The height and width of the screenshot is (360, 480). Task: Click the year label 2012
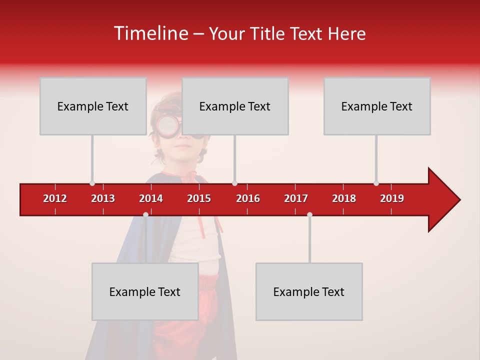click(x=55, y=198)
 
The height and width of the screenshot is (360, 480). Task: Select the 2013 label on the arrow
click(x=103, y=198)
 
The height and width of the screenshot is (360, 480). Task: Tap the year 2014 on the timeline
click(x=151, y=198)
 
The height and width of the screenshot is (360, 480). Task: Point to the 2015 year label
click(x=199, y=198)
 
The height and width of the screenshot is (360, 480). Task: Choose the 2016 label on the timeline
click(x=248, y=198)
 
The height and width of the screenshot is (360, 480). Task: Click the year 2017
click(x=296, y=198)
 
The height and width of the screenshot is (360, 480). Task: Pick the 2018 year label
click(x=344, y=198)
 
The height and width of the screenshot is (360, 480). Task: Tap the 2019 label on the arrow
click(x=392, y=198)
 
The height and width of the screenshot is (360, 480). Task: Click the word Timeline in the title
click(x=150, y=33)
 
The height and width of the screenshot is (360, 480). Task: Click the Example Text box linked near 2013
click(x=93, y=106)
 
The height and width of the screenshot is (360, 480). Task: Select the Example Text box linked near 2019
click(x=377, y=106)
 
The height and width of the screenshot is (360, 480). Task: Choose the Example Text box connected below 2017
click(x=309, y=291)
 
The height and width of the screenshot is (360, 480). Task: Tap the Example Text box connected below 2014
click(x=145, y=291)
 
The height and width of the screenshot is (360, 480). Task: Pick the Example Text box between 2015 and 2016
click(x=235, y=106)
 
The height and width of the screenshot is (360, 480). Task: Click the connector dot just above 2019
click(x=376, y=183)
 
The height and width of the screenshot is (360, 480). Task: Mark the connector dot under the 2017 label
click(x=309, y=214)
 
